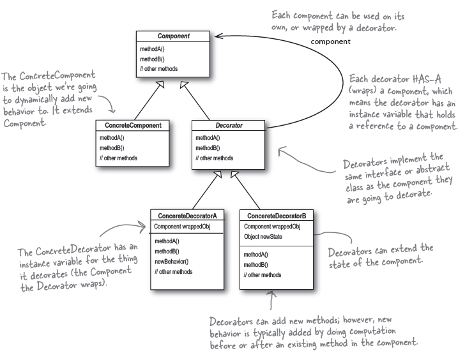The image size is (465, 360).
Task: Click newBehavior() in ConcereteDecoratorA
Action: [172, 262]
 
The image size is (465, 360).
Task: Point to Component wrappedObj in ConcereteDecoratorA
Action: [182, 227]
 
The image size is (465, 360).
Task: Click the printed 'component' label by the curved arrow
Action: [330, 41]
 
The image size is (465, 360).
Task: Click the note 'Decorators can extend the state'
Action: [380, 253]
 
